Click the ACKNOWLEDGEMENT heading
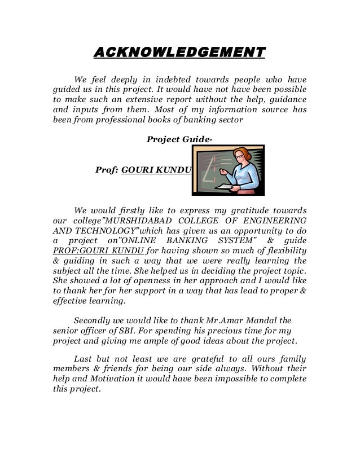pos(179,53)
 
